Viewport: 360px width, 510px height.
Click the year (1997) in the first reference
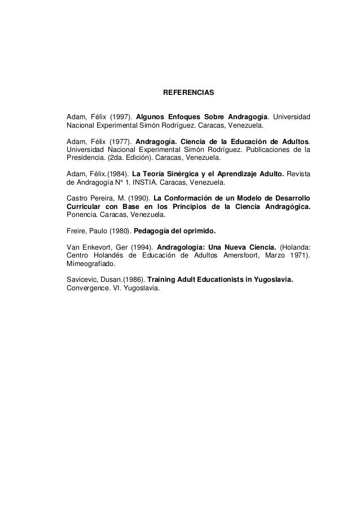[120, 116]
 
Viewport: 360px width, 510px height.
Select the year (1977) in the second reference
[120, 141]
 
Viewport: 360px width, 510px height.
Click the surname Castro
[78, 199]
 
